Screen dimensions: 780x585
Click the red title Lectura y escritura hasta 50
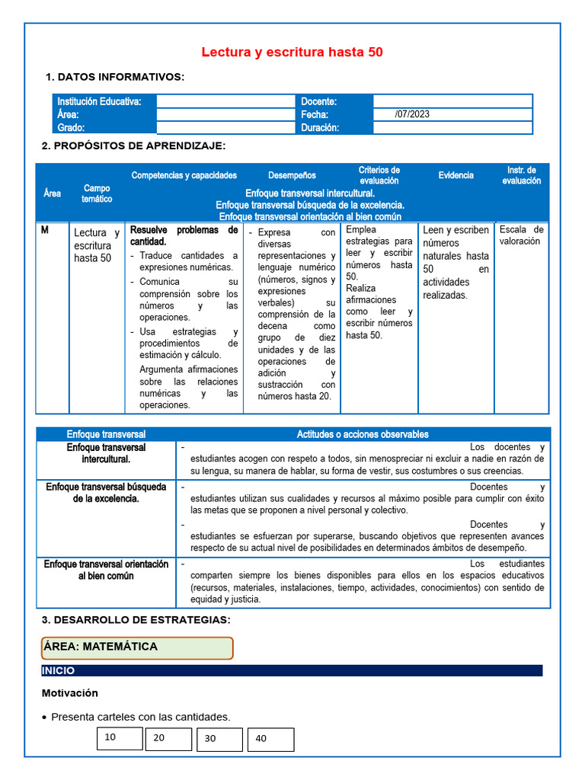click(292, 53)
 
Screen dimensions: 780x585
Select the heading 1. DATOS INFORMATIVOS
click(115, 77)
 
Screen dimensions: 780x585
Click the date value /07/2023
click(412, 114)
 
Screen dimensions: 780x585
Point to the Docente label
click(319, 101)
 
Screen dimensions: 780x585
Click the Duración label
click(320, 128)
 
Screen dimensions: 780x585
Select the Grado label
click(71, 128)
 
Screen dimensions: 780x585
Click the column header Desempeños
click(292, 175)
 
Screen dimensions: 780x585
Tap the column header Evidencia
click(456, 175)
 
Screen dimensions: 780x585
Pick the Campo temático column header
click(97, 193)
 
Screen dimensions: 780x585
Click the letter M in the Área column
click(45, 230)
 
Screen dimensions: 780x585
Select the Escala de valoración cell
click(521, 235)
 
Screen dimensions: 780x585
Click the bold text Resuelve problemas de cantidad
click(184, 235)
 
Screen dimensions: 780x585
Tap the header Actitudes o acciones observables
click(362, 434)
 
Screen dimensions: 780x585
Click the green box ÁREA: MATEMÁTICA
click(137, 647)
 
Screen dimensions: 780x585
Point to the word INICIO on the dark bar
click(59, 671)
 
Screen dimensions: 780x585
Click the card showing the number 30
click(219, 739)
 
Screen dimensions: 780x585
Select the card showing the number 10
click(120, 737)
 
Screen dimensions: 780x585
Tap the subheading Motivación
click(70, 693)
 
